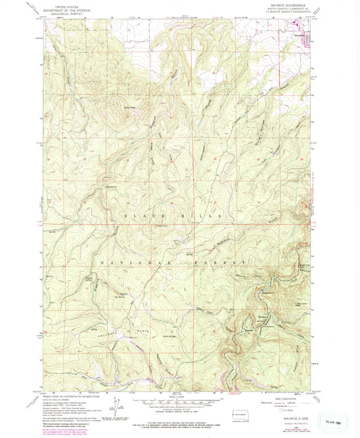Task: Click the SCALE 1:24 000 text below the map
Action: coord(178,396)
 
